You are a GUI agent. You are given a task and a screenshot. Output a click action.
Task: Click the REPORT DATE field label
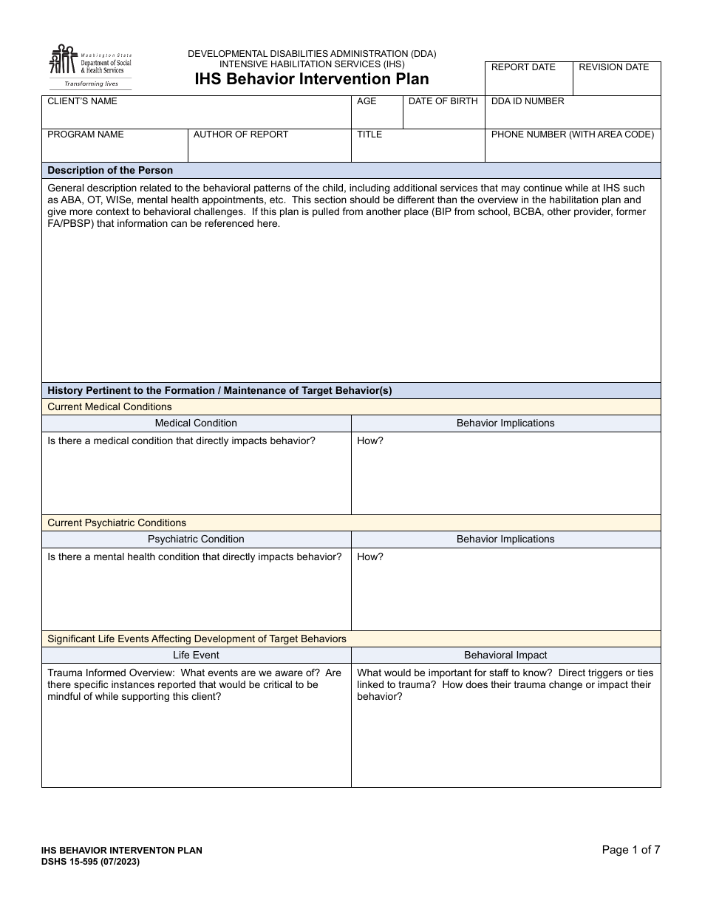pos(523,67)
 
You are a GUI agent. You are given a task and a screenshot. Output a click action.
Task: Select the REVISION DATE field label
pos(613,67)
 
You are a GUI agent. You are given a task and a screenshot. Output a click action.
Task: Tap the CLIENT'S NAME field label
pos(82,101)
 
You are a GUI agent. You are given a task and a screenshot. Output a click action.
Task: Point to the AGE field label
pos(367,101)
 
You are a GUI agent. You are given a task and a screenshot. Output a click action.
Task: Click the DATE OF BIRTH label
pos(443,101)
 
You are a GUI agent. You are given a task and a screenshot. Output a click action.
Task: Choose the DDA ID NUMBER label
pos(528,101)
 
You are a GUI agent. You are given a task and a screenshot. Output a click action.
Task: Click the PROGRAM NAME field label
pos(86,135)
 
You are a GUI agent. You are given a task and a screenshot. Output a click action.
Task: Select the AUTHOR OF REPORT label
pos(241,135)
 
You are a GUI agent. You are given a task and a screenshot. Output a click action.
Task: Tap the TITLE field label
pos(369,135)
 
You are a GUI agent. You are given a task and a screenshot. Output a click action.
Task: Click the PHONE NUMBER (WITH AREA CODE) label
pos(573,135)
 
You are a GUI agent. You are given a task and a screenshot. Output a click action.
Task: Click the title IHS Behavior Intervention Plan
pos(312,79)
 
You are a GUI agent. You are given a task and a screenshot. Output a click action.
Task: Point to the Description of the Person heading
pos(110,170)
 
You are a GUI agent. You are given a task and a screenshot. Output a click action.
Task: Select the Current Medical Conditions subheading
pos(109,406)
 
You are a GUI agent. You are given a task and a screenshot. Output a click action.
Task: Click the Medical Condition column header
pos(196,423)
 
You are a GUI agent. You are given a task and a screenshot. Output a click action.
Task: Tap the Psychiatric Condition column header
pos(196,539)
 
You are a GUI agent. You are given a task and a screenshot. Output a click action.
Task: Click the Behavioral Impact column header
pos(505,656)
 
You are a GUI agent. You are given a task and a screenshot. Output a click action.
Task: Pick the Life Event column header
pos(196,656)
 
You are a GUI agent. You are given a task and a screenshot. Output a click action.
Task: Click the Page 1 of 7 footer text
pos(631,850)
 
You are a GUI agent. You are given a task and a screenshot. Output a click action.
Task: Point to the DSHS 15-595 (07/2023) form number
pos(90,862)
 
